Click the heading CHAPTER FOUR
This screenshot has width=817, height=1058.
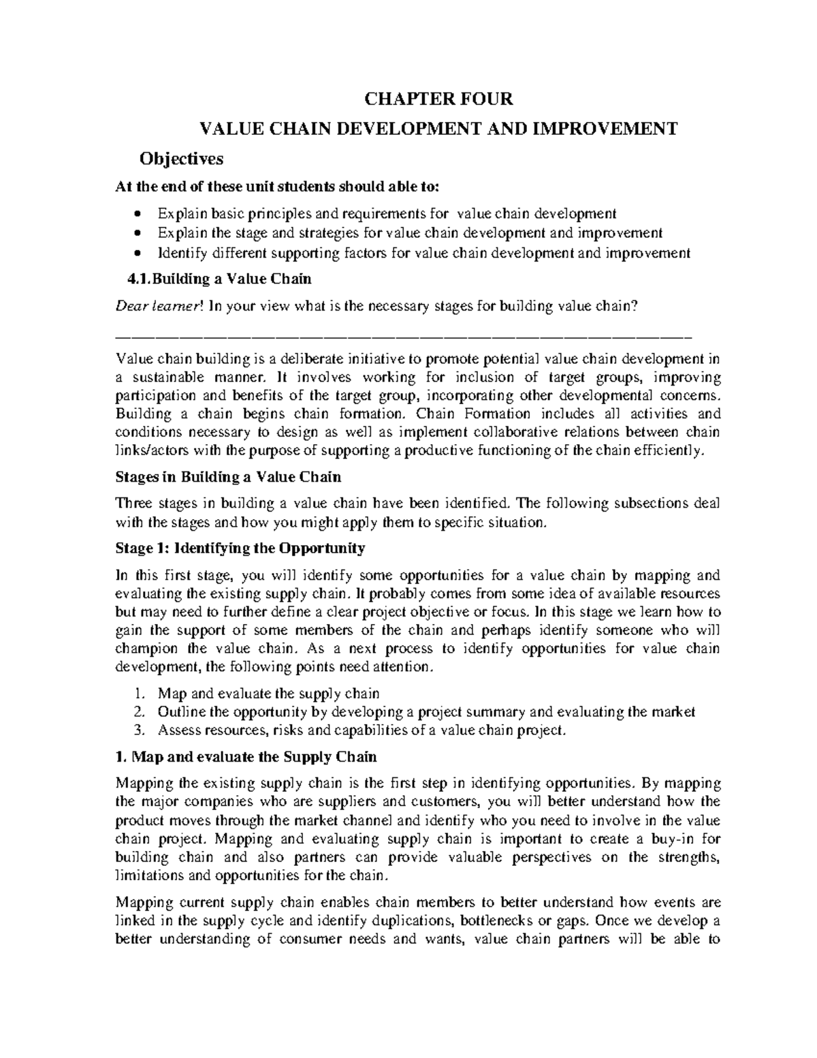coord(438,99)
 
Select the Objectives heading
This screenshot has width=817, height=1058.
coord(181,159)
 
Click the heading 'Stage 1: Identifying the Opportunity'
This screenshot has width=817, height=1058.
coord(240,548)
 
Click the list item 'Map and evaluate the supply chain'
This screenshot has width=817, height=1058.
coord(268,694)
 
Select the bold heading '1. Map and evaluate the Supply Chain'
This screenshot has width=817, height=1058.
coord(246,757)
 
